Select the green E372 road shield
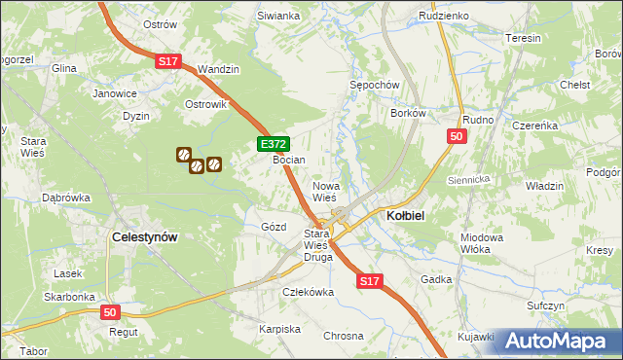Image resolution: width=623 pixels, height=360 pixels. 273,144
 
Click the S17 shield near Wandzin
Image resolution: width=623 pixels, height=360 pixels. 168,61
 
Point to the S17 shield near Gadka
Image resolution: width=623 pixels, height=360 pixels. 369,281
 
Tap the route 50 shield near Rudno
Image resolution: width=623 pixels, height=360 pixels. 457,138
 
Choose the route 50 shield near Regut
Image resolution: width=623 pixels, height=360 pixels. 111,312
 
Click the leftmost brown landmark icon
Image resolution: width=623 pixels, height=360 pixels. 182,154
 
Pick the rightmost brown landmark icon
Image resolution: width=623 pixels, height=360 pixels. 213,164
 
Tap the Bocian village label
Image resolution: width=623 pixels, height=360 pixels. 289,160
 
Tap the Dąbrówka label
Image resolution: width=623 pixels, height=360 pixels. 65,198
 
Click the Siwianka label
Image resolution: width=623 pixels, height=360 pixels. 277,17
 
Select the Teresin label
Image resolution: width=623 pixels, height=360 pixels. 523,38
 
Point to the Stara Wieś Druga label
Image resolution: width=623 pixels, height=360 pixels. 318,245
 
